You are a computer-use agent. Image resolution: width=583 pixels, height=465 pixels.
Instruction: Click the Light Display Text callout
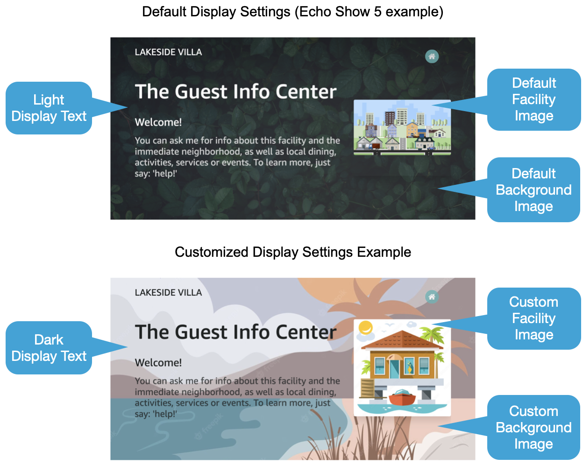click(49, 108)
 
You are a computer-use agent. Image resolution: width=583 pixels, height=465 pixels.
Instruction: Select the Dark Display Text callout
click(49, 348)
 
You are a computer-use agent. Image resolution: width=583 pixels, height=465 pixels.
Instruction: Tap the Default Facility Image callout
click(533, 99)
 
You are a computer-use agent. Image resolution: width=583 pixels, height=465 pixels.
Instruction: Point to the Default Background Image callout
click(533, 190)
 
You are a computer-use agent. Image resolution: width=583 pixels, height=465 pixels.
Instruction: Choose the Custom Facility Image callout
click(533, 318)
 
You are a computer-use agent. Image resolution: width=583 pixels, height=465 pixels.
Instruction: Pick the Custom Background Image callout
click(533, 427)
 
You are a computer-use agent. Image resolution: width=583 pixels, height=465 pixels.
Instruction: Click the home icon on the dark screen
click(432, 56)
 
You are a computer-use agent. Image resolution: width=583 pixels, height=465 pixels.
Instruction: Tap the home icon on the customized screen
click(432, 297)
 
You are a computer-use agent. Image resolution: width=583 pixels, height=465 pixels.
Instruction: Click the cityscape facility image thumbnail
click(402, 127)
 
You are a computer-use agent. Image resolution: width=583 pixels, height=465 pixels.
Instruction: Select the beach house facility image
click(402, 367)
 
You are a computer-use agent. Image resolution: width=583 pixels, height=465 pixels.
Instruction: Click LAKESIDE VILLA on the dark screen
click(168, 52)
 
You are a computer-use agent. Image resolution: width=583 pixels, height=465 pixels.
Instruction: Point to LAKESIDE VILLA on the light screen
click(168, 293)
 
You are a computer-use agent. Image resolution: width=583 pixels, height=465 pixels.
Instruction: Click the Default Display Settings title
click(292, 12)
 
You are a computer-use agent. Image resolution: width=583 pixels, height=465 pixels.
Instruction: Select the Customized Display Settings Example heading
click(292, 252)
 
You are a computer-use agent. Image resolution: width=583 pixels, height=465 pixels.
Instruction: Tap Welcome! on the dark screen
click(158, 122)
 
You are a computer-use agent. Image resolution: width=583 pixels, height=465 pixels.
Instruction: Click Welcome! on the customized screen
click(158, 363)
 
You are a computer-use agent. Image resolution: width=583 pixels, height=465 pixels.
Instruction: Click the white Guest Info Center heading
click(235, 92)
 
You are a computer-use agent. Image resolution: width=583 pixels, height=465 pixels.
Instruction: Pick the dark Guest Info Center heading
click(235, 332)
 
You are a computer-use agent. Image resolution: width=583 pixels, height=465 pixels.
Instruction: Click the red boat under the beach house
click(402, 398)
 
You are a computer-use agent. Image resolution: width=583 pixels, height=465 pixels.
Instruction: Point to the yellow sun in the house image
click(366, 326)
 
